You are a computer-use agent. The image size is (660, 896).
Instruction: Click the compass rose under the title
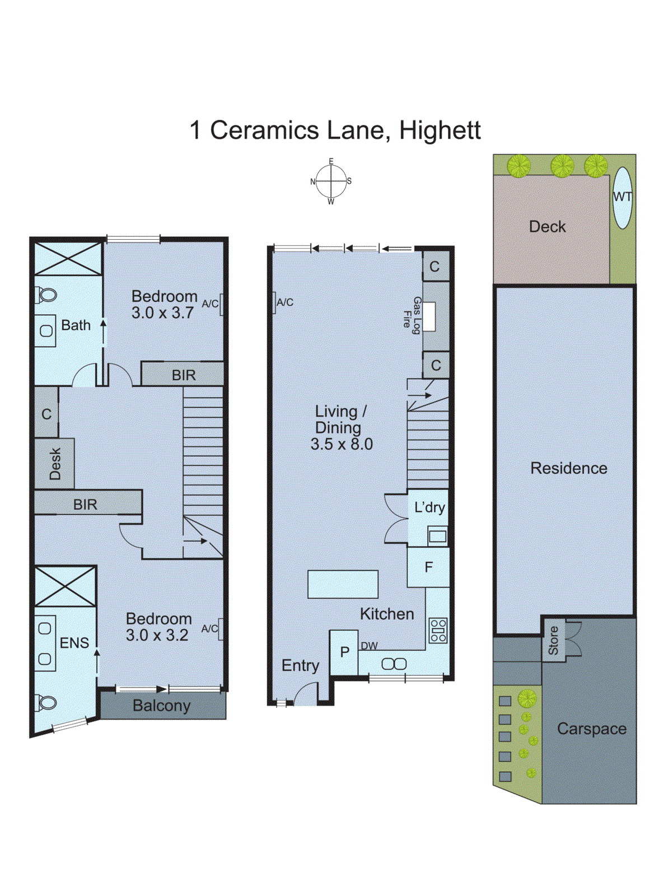[x=331, y=181]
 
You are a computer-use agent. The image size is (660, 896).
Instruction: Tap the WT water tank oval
[x=622, y=197]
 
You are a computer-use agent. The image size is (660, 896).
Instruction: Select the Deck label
[x=547, y=227]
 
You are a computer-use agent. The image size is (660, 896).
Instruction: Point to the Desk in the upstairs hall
[x=54, y=464]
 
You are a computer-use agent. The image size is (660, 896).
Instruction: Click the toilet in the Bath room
[x=46, y=294]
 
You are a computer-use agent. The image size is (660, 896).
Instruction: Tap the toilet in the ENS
[x=46, y=702]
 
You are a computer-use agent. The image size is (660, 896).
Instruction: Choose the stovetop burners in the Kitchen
[x=438, y=630]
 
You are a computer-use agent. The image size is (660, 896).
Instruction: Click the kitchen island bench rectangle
[x=343, y=584]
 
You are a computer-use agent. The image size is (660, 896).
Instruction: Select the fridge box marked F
[x=428, y=567]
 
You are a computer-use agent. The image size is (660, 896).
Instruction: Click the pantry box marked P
[x=344, y=652]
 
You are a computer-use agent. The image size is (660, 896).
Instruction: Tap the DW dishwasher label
[x=369, y=646]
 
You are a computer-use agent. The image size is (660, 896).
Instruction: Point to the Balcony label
[x=162, y=706]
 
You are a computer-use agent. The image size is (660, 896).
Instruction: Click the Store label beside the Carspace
[x=553, y=641]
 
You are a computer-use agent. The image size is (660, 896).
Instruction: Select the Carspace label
[x=592, y=729]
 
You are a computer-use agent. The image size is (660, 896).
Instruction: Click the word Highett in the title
[x=440, y=130]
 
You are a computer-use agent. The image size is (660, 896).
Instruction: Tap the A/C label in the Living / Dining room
[x=285, y=302]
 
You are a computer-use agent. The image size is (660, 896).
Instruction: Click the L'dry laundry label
[x=429, y=507]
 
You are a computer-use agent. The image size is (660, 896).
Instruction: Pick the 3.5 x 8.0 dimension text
[x=341, y=444]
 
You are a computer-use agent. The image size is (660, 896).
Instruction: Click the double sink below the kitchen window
[x=394, y=664]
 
